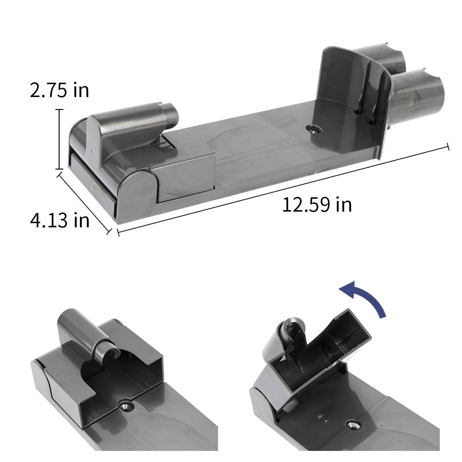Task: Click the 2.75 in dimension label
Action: tap(59, 90)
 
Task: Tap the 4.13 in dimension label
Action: tap(59, 220)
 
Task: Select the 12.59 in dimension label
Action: tap(317, 204)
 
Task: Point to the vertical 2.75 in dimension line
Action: tap(59, 139)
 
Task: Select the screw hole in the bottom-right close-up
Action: tap(353, 423)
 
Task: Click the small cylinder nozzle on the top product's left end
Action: tap(169, 116)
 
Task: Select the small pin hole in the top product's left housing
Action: tap(92, 150)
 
